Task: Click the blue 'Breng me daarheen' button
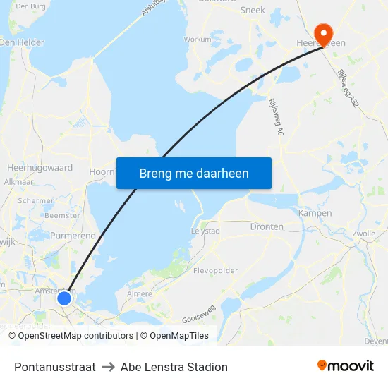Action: tap(194, 173)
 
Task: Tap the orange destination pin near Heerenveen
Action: tap(324, 32)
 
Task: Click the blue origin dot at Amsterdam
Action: tap(64, 298)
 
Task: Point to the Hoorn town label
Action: tap(102, 171)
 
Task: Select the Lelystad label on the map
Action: tap(206, 231)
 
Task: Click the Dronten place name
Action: tap(267, 226)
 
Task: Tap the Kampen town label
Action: tap(315, 213)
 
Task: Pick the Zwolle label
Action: tap(363, 233)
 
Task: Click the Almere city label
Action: tap(138, 293)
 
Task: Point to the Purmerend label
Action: tap(73, 236)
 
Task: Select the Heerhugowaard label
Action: tap(40, 168)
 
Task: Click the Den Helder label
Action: tap(22, 42)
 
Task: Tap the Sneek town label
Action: tap(253, 10)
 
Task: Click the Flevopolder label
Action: tap(215, 270)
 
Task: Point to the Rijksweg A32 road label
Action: tap(348, 87)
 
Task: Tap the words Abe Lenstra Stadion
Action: tap(174, 367)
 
